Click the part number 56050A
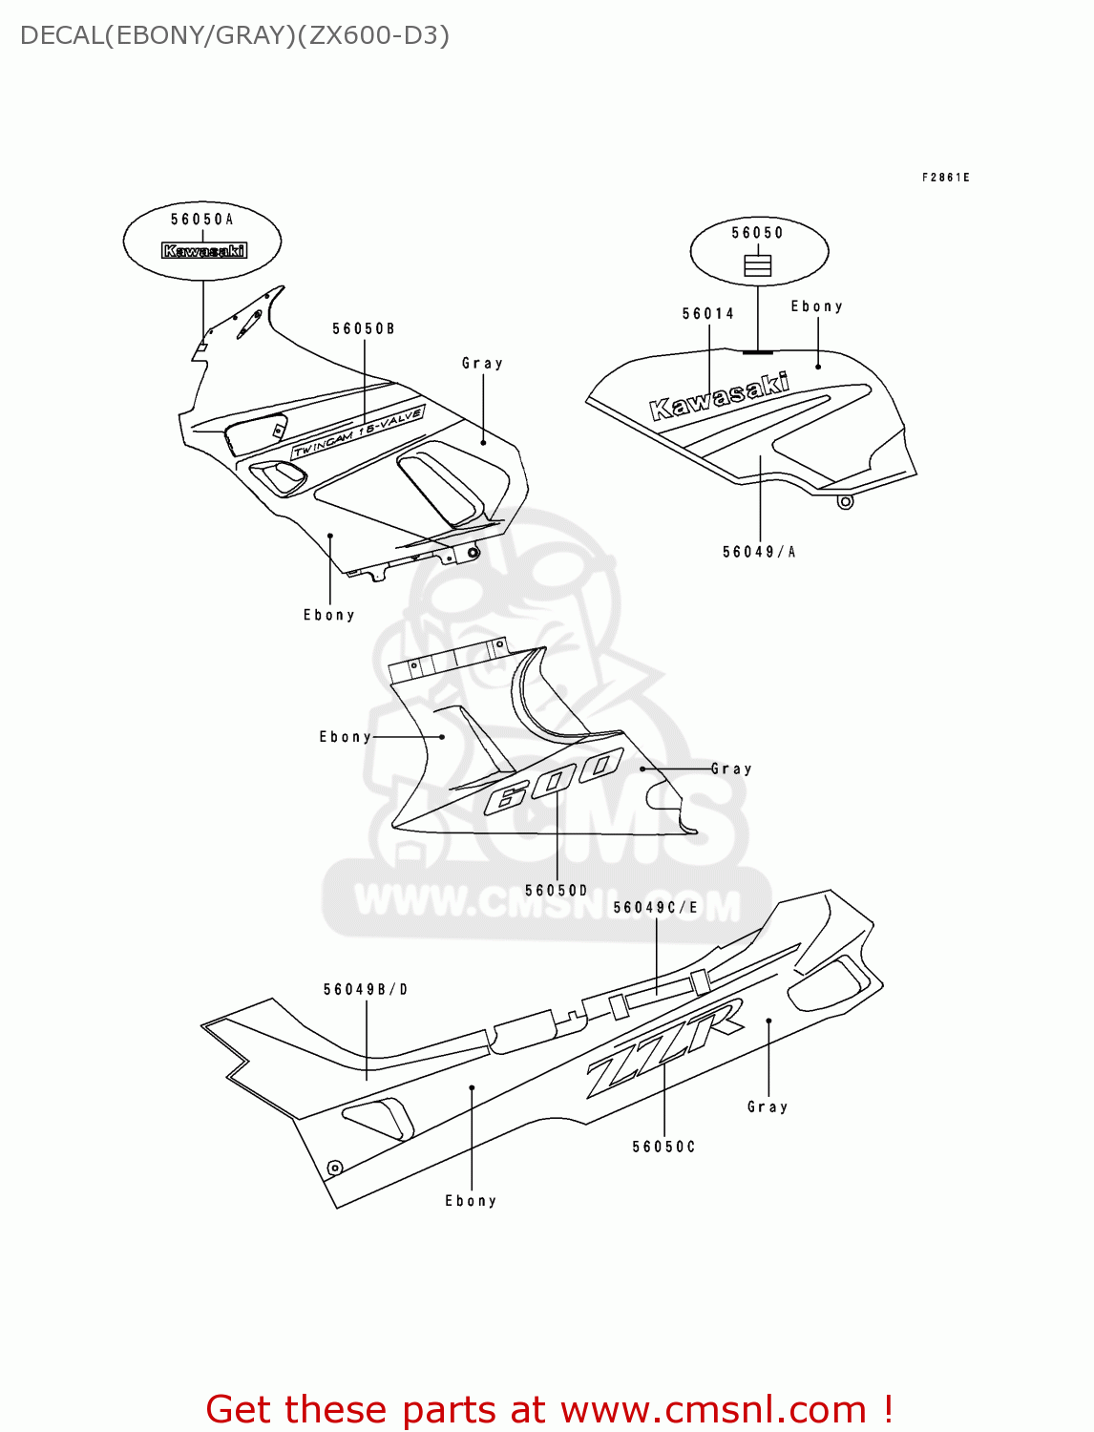[201, 220]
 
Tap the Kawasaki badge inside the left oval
[204, 251]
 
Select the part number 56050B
[364, 329]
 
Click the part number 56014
[708, 314]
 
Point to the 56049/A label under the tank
[759, 552]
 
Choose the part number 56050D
[557, 891]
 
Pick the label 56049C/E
[656, 908]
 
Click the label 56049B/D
[366, 990]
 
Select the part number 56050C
[663, 1147]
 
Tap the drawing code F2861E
[945, 178]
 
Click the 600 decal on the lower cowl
[554, 781]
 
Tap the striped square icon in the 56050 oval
[757, 264]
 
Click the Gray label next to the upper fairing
[482, 364]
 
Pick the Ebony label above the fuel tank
[816, 306]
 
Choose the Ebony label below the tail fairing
[471, 1201]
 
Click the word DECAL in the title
[60, 35]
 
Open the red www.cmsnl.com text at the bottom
[712, 1409]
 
